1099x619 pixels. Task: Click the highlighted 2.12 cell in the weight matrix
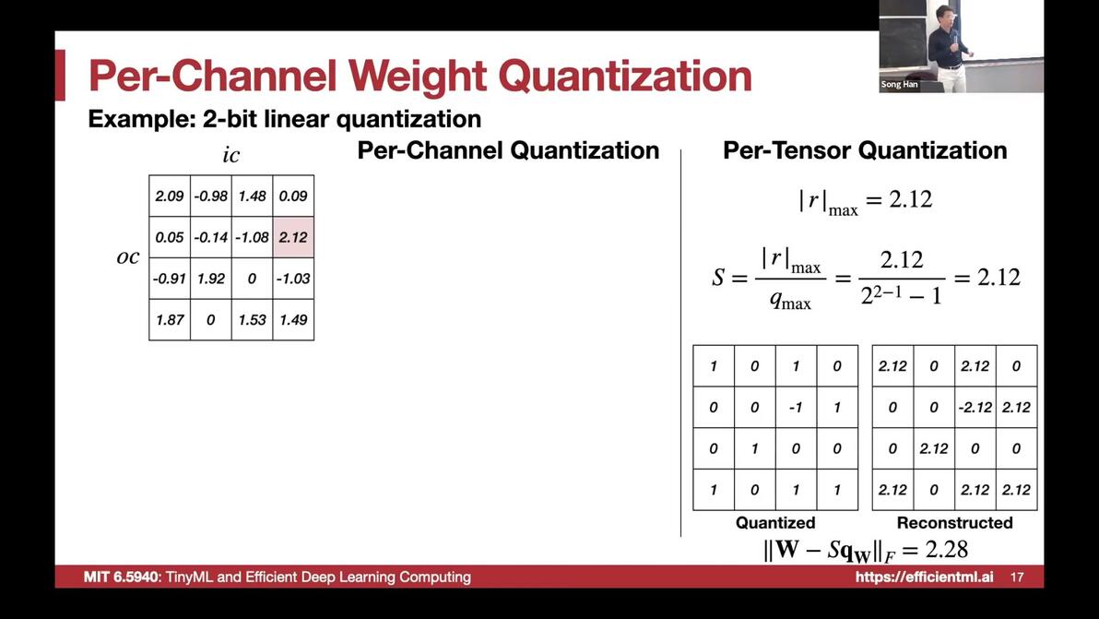[x=294, y=237]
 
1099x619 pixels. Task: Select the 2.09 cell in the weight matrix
[x=170, y=196]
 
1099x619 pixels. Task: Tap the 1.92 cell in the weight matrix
[x=211, y=279]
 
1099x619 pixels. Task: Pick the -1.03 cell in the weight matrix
[x=294, y=279]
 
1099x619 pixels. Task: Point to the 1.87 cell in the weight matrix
[x=170, y=320]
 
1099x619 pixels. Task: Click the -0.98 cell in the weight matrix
[x=211, y=196]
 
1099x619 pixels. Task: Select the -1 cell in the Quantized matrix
[x=796, y=408]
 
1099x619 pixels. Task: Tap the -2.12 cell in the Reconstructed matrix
[x=975, y=408]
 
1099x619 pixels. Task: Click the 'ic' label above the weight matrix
[x=230, y=155]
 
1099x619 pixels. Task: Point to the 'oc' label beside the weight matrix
[x=127, y=257]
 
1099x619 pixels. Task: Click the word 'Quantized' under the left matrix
[x=775, y=522]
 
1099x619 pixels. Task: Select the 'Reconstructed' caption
[x=954, y=522]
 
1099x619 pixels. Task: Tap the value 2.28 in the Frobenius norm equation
[x=946, y=550]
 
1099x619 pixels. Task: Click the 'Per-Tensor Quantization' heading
[x=865, y=150]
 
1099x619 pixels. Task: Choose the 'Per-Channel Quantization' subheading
[x=508, y=150]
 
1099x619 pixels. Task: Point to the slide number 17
[x=1017, y=577]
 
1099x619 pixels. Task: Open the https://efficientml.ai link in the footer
[x=924, y=577]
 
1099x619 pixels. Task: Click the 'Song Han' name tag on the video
[x=899, y=84]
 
